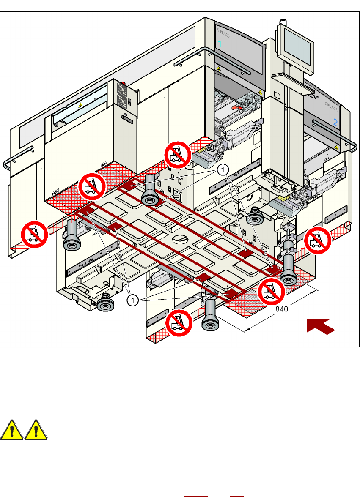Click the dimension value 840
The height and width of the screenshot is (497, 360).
(282, 309)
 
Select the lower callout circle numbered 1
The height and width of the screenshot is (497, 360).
(133, 300)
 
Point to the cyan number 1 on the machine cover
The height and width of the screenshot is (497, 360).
(220, 44)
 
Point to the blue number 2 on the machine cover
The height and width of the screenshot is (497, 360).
(335, 123)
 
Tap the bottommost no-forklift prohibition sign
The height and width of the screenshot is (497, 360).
(178, 323)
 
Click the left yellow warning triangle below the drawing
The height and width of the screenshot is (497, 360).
(13, 431)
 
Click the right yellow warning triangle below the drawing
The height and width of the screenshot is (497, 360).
(36, 431)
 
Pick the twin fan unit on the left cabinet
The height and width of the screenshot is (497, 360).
(124, 96)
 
